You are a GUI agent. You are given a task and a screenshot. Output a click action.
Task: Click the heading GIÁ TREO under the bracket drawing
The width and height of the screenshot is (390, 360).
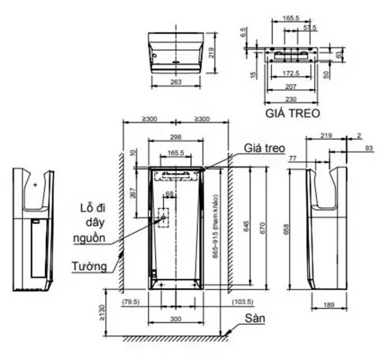pos(292,114)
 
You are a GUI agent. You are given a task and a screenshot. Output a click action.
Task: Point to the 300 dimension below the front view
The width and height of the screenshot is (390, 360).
pos(175,319)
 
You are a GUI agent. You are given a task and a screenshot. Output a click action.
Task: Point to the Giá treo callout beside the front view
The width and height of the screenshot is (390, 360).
pos(264,148)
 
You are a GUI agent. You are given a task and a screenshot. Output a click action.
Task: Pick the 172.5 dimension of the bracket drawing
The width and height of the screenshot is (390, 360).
pos(290,73)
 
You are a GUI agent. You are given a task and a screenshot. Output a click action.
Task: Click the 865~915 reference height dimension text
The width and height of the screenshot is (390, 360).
pos(216,226)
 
